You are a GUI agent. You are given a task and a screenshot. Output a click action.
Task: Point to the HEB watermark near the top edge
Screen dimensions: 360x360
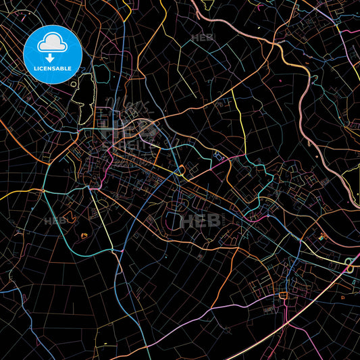(202, 38)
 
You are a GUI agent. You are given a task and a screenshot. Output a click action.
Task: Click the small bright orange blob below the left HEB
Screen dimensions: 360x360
(84, 235)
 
